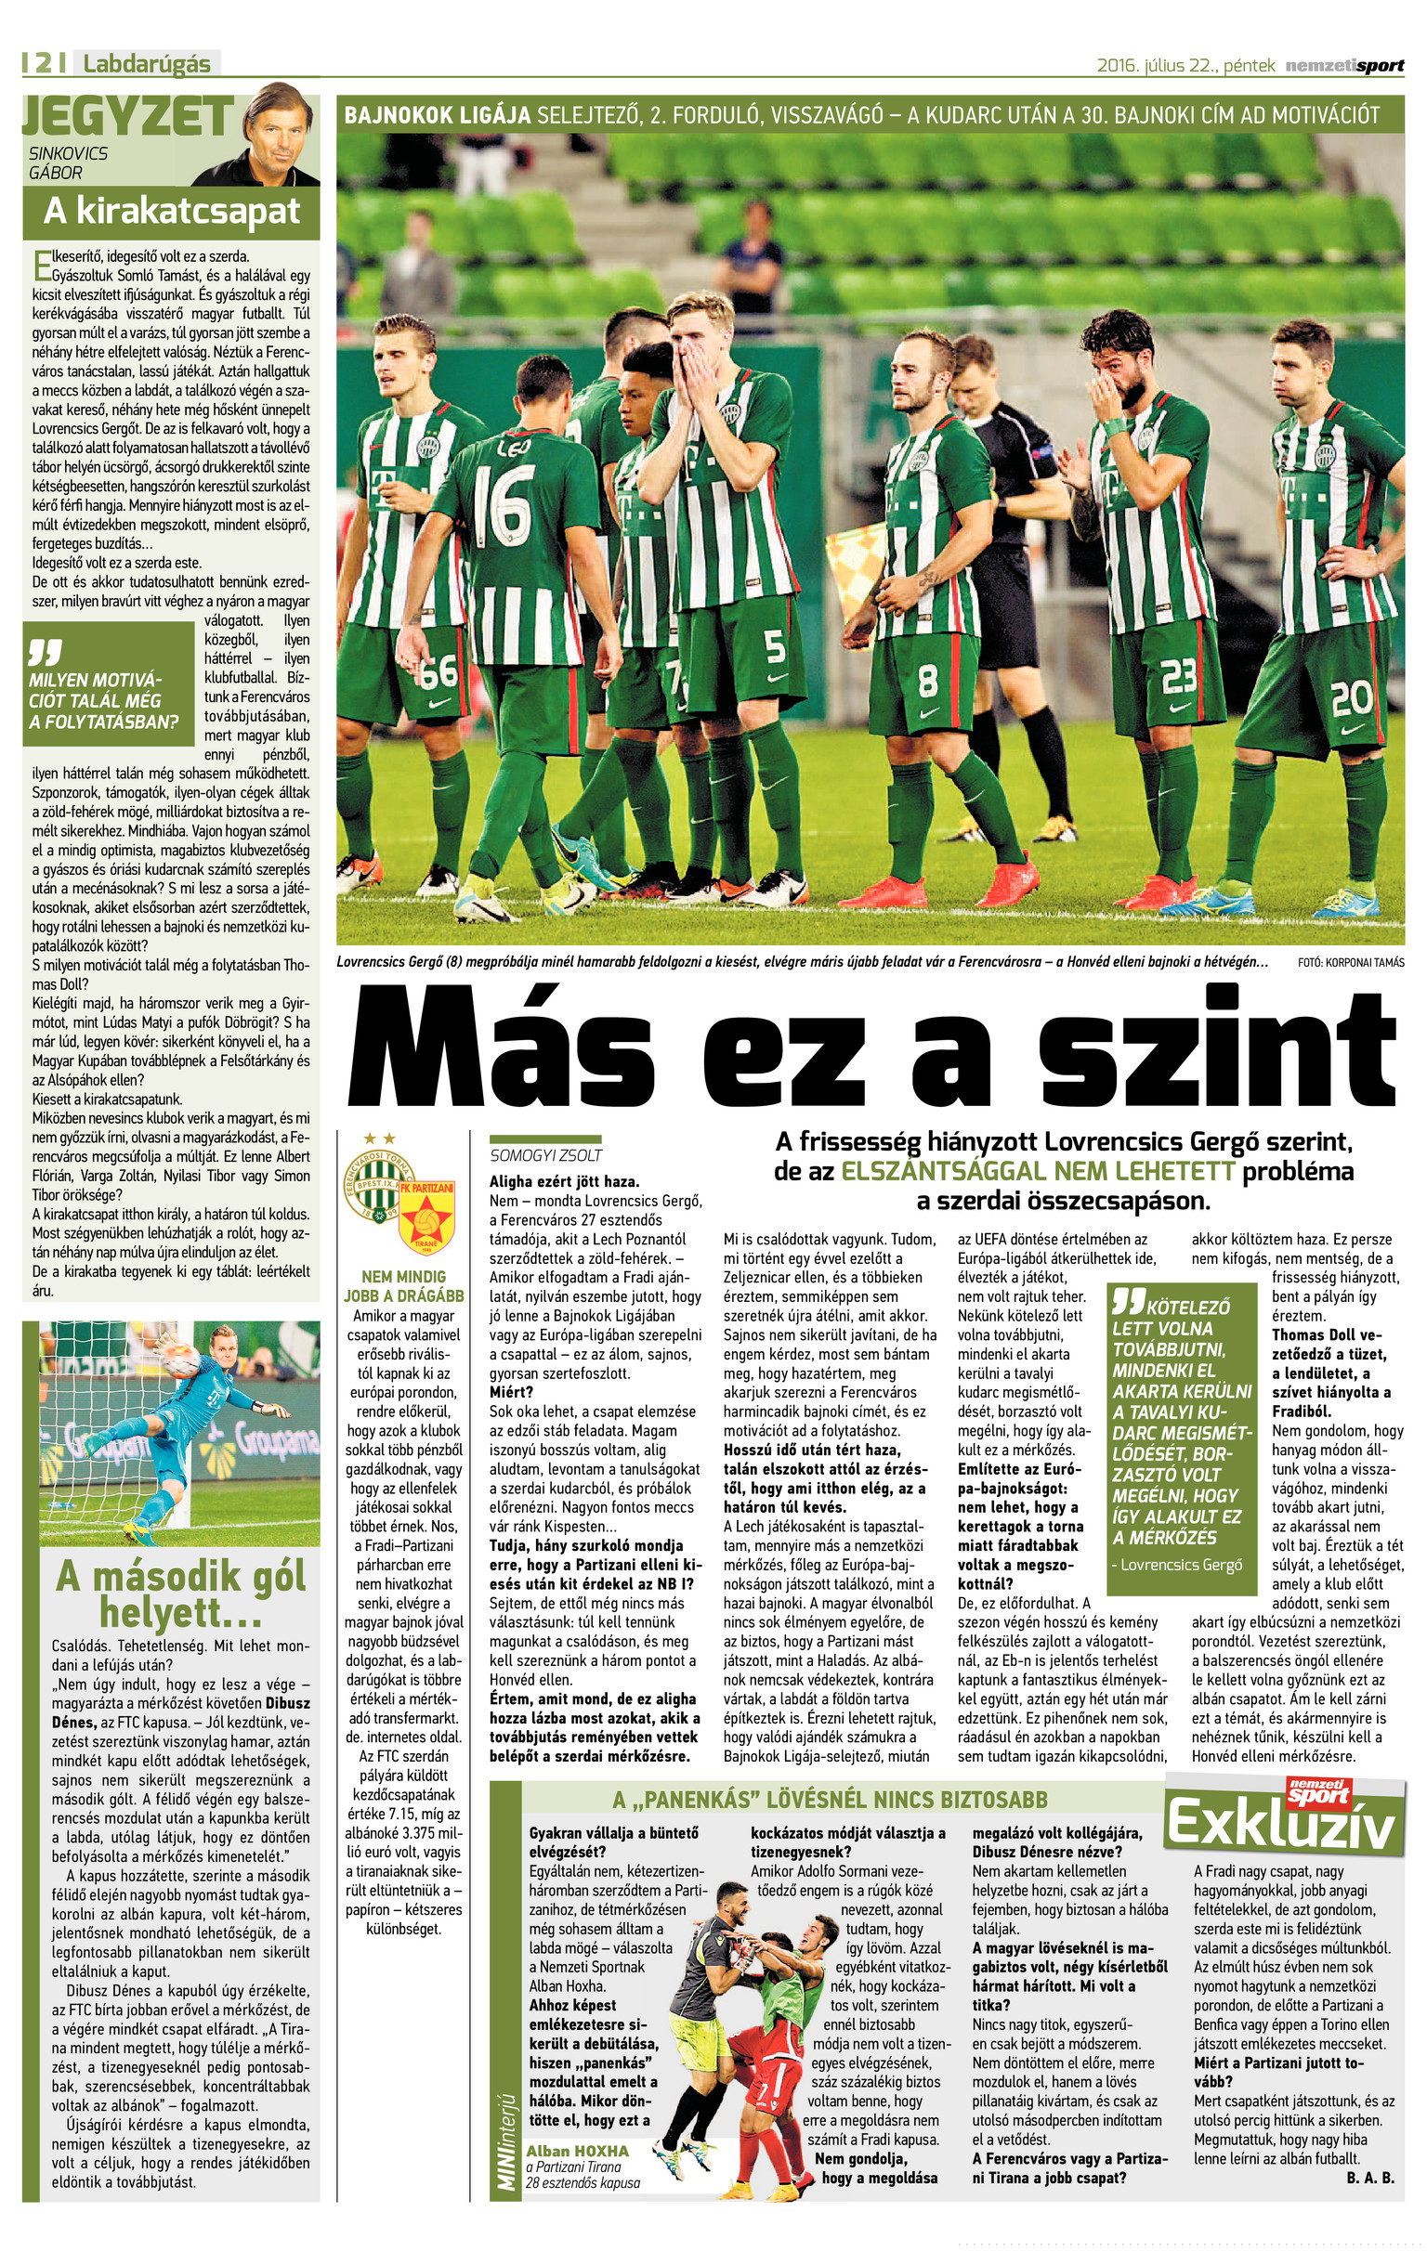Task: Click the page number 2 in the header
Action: click(x=43, y=63)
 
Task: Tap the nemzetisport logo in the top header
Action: click(x=1343, y=65)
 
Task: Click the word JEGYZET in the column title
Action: click(x=127, y=117)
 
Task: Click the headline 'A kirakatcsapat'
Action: click(x=172, y=213)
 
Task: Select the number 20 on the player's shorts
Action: click(x=1350, y=698)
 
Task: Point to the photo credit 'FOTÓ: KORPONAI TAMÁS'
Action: click(x=1350, y=963)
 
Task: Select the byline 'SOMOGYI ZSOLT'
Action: click(x=546, y=1155)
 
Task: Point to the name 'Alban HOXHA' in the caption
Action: click(x=577, y=2151)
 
